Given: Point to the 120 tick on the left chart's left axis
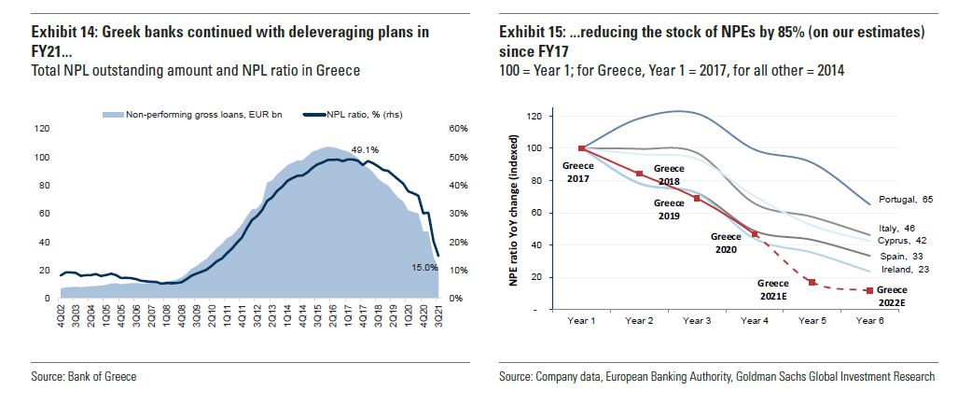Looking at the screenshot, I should pos(42,129).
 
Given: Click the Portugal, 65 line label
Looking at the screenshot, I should pos(907,200).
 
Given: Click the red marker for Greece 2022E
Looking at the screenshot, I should pos(870,291).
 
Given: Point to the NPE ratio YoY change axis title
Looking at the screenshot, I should pos(513,222).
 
